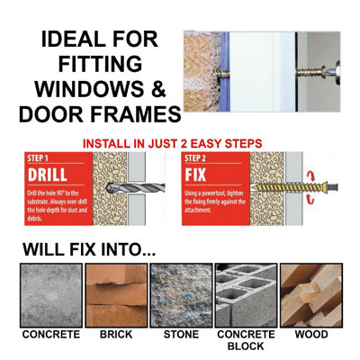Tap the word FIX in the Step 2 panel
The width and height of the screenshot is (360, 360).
(209, 171)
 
